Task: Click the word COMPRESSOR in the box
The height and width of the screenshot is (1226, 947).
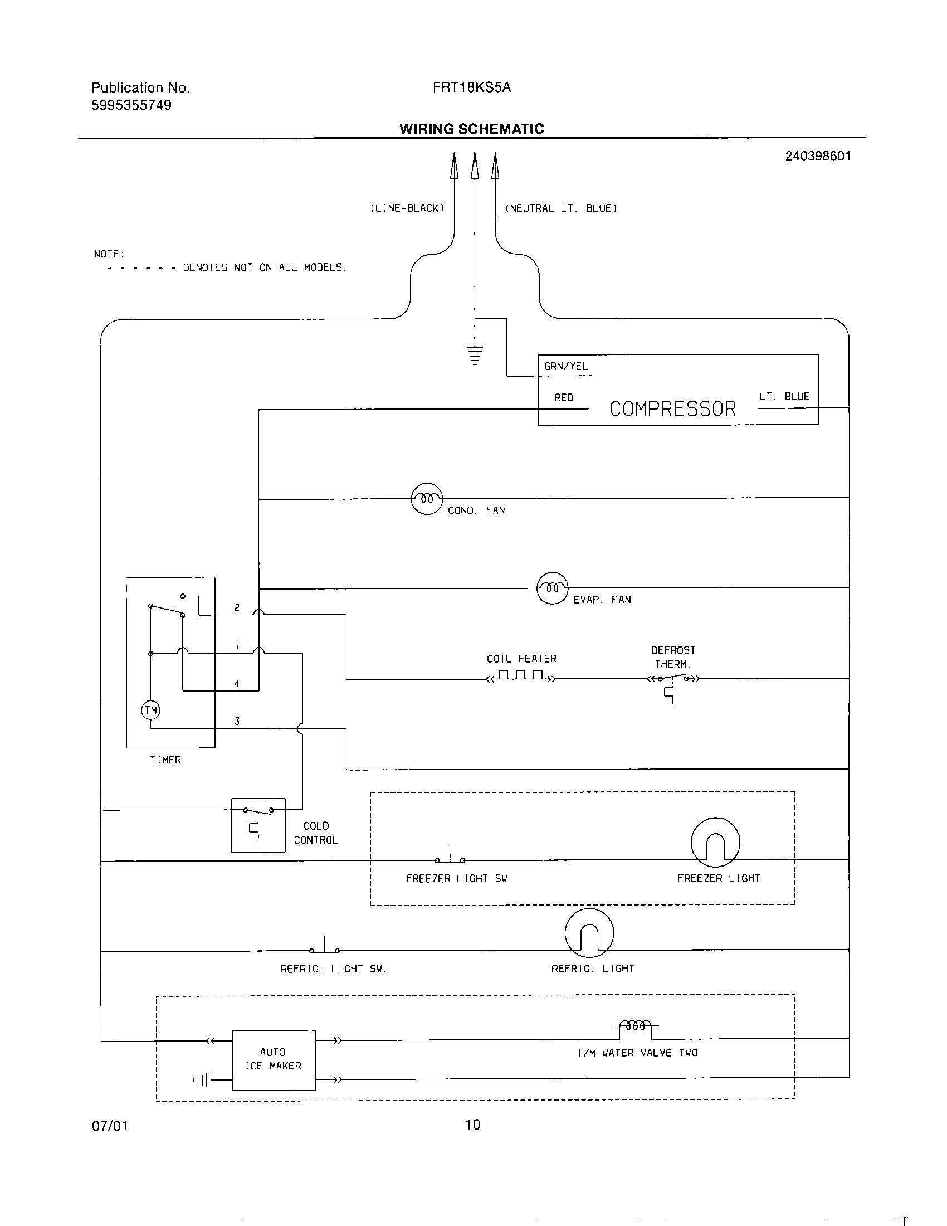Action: [x=672, y=408]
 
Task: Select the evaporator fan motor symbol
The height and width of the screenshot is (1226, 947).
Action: [x=553, y=588]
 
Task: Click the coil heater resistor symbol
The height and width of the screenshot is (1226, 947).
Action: [x=522, y=676]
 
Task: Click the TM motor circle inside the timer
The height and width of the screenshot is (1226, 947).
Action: [x=150, y=710]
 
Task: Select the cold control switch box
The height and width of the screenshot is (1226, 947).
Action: [x=258, y=825]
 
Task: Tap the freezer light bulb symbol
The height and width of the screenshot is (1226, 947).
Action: [x=715, y=842]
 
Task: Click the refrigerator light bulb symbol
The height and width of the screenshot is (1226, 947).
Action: [x=589, y=932]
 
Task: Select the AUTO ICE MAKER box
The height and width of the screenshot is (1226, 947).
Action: [x=273, y=1059]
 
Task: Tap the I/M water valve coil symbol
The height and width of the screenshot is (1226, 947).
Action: [x=635, y=1025]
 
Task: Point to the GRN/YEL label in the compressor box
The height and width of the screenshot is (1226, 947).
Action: [x=565, y=367]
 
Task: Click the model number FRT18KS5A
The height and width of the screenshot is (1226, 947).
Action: [x=472, y=87]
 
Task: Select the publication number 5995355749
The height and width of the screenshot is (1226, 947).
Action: [x=131, y=105]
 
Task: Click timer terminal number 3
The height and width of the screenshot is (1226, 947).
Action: [x=237, y=721]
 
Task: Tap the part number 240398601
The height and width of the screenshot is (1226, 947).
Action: [x=817, y=156]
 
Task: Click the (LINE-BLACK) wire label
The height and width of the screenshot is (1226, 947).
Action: [x=407, y=208]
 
